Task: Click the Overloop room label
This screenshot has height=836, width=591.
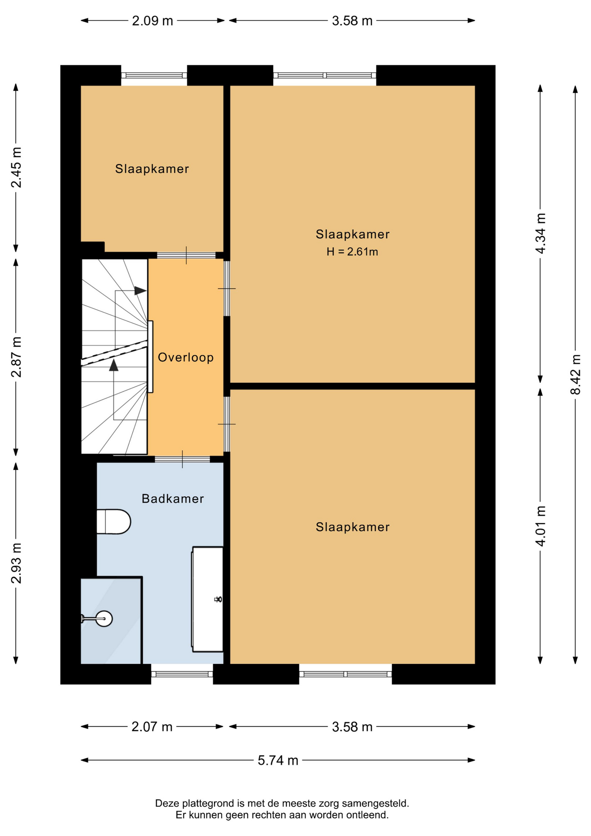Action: [x=185, y=357]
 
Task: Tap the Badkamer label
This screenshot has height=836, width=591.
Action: [x=173, y=499]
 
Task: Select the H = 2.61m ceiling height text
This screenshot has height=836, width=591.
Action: [x=352, y=252]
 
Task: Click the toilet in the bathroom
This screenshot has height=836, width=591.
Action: [x=114, y=522]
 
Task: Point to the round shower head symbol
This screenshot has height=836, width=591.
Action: [x=104, y=618]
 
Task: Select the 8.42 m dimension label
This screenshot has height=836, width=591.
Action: [x=575, y=374]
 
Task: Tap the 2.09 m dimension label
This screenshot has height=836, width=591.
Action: [x=153, y=21]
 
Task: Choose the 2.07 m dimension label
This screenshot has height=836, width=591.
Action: [x=152, y=727]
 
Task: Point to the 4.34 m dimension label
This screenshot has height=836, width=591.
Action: [x=540, y=233]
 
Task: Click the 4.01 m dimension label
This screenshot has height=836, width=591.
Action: [x=540, y=526]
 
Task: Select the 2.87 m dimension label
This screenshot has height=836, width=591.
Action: [x=16, y=357]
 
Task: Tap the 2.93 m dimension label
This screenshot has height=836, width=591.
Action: [x=16, y=563]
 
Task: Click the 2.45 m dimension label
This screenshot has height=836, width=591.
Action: [x=16, y=168]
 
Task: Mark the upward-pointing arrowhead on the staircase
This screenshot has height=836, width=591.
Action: [x=114, y=365]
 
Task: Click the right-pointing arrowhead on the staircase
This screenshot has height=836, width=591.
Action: [x=140, y=290]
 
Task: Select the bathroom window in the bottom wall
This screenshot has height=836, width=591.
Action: [x=182, y=674]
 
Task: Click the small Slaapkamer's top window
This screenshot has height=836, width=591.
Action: [x=154, y=75]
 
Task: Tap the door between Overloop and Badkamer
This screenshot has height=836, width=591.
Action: [x=182, y=459]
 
